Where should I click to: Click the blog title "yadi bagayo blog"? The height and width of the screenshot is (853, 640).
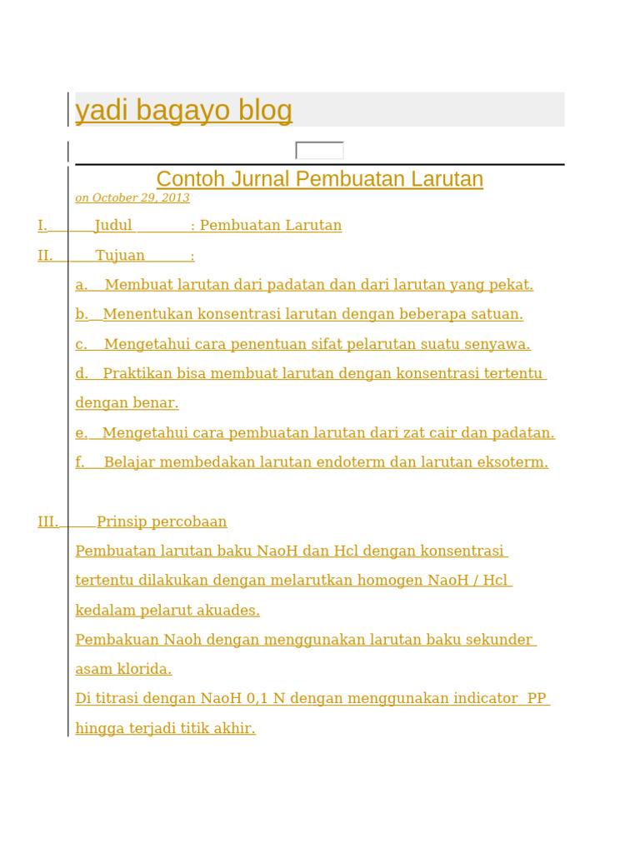pos(183,110)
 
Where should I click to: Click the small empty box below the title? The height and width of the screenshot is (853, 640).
pos(319,151)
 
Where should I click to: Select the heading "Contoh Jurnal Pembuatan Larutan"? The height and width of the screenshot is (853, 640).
pos(319,179)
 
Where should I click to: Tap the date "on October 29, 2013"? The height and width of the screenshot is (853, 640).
pos(132,198)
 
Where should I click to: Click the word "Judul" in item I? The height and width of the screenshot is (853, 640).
pos(113,226)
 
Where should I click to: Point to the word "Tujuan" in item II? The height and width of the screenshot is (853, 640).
pos(120,256)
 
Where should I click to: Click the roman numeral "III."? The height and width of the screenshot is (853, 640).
pos(47,522)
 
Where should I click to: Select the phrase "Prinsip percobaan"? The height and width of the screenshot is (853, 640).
pos(162,522)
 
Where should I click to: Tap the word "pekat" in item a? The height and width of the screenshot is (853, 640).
pos(512,285)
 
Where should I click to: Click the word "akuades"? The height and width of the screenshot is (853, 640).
pos(228,611)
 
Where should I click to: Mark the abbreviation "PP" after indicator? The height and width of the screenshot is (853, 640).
pos(537,699)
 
